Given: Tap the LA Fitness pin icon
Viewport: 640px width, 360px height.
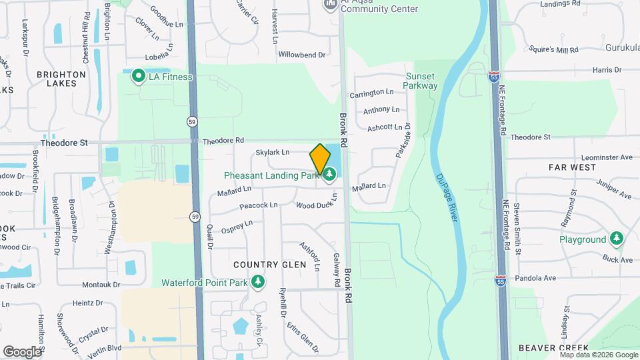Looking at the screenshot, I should point(139,77).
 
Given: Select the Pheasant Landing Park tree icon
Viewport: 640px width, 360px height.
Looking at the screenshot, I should point(329,175).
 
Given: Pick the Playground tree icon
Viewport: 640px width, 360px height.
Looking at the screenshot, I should point(617,239).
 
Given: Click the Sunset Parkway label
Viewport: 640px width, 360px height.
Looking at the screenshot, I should point(421,81).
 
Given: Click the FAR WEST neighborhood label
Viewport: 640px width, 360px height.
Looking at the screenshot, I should point(572,167).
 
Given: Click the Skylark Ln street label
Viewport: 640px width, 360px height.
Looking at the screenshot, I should point(272,153).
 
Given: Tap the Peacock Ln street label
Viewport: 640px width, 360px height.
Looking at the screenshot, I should point(258,205).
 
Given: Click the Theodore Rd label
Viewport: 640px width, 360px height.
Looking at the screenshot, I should point(223,141).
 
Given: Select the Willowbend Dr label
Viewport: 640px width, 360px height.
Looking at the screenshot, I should point(301,55).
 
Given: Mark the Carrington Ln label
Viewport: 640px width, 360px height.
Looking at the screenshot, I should point(378,93).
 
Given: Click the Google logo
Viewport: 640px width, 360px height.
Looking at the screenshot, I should point(22,351).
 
